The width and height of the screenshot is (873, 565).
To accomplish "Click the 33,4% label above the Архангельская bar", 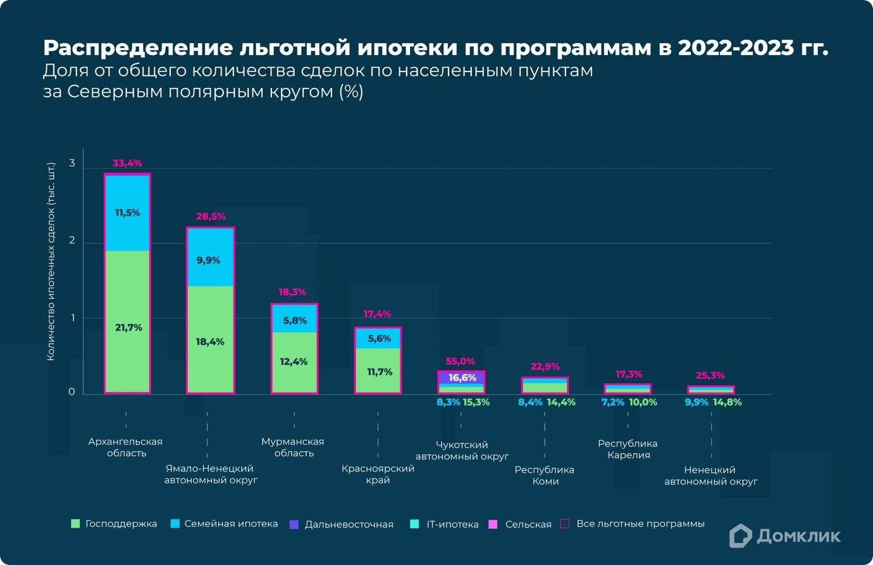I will pyautogui.click(x=127, y=163).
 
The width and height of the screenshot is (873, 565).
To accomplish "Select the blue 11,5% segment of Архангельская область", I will pyautogui.click(x=127, y=213).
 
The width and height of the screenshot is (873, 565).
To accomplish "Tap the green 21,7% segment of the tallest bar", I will pyautogui.click(x=128, y=327).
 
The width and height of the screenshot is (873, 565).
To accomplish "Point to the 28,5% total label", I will pyautogui.click(x=211, y=216).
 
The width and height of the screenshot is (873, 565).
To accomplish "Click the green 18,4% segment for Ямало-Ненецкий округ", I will pyautogui.click(x=210, y=342).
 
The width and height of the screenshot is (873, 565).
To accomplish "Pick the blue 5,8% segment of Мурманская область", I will pyautogui.click(x=294, y=320).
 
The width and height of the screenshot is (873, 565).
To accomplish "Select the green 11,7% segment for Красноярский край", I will pyautogui.click(x=378, y=371).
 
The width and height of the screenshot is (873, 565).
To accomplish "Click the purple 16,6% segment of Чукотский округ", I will pyautogui.click(x=462, y=378).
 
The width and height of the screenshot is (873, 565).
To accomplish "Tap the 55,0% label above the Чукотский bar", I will pyautogui.click(x=461, y=361).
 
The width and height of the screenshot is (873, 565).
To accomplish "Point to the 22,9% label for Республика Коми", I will pyautogui.click(x=545, y=366).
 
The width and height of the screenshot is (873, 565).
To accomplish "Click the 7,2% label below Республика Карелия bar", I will pyautogui.click(x=612, y=402).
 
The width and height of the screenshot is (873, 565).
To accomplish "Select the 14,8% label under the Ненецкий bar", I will pyautogui.click(x=727, y=402).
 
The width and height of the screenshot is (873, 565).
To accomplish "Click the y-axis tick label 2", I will pyautogui.click(x=72, y=240).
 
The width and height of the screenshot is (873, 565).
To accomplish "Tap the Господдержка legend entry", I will pyautogui.click(x=114, y=524).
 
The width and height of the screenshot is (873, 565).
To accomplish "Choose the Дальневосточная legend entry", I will pyautogui.click(x=342, y=525).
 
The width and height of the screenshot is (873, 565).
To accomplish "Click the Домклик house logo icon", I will pyautogui.click(x=740, y=536).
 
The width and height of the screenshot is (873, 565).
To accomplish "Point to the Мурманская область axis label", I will pyautogui.click(x=293, y=447).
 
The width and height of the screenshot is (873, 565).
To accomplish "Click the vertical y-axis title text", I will pyautogui.click(x=51, y=261).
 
